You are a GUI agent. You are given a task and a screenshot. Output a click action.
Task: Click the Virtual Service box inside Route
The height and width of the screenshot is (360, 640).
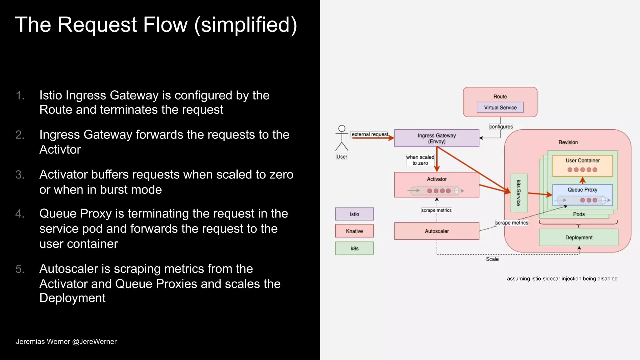tap(500, 107)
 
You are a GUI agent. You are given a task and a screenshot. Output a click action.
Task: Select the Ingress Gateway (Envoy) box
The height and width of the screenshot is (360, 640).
tap(437, 138)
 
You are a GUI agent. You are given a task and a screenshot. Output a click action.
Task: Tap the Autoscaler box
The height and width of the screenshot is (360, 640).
tap(437, 231)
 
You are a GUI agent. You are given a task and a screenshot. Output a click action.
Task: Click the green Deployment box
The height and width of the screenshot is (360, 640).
tap(579, 237)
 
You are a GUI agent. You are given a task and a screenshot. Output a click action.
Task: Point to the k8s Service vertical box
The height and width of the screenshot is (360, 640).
tap(519, 193)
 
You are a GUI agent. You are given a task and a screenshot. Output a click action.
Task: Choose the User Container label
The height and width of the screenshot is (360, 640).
tap(582, 161)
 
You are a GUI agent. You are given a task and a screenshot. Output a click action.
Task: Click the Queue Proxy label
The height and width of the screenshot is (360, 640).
tap(582, 190)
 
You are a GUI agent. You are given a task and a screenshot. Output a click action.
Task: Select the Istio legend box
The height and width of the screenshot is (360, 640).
tap(354, 214)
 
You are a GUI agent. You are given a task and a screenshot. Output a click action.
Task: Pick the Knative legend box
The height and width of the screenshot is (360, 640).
tap(354, 231)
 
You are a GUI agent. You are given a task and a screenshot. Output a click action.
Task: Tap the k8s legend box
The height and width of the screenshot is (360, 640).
tap(354, 248)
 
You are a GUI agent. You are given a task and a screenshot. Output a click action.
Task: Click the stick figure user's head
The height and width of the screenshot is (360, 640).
tap(342, 128)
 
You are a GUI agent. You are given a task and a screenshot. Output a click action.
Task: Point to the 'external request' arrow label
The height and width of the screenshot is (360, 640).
tap(370, 134)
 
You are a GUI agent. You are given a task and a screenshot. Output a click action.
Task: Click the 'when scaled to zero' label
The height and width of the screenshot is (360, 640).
tap(420, 160)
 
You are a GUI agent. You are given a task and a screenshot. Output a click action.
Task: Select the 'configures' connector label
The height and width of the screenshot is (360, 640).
tap(501, 127)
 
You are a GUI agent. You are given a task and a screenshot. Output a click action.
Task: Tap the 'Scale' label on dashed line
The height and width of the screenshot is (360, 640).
tap(492, 259)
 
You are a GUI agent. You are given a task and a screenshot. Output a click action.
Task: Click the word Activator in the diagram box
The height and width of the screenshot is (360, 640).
tap(437, 179)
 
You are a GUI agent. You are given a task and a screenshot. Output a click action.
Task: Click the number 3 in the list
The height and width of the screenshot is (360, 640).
tap(19, 175)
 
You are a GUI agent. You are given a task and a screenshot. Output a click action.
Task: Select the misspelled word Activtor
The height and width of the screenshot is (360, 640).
tap(60, 150)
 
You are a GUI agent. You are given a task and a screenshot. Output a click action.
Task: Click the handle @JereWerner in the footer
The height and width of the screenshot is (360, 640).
tap(94, 342)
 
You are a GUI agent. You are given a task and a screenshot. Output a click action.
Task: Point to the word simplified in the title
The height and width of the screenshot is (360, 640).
tap(246, 25)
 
